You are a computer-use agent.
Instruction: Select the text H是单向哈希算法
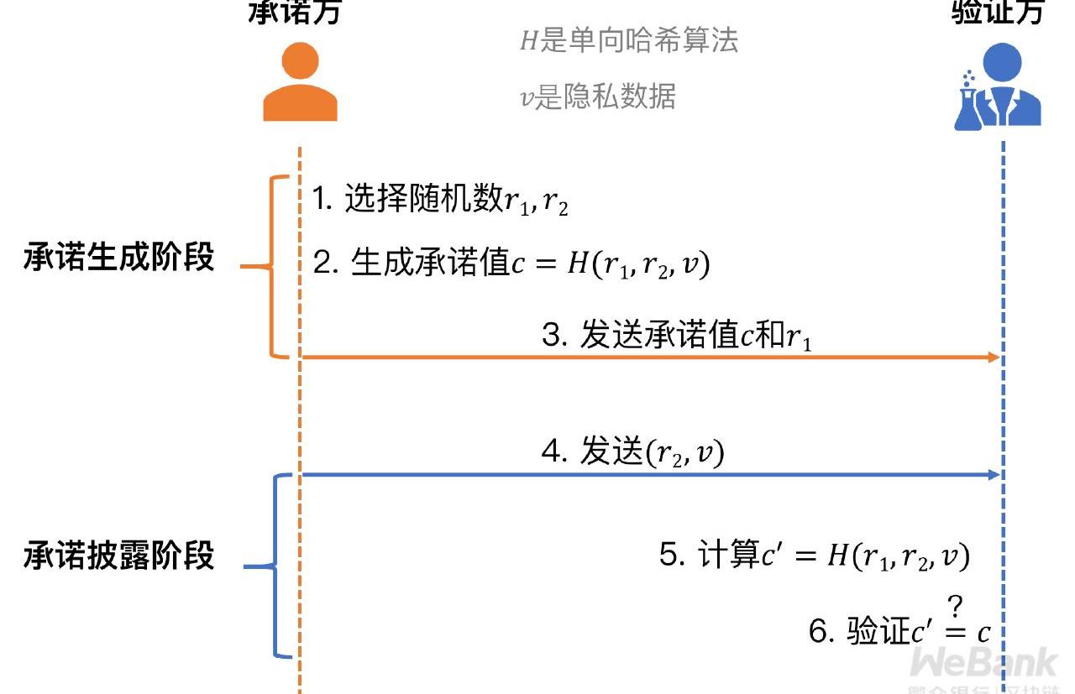click(629, 40)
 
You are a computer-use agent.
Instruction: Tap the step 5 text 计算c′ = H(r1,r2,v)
click(815, 556)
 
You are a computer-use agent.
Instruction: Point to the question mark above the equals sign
click(955, 606)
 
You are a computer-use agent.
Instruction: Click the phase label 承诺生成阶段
click(118, 258)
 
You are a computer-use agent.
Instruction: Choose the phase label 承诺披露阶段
click(118, 556)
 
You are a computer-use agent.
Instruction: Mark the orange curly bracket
click(273, 267)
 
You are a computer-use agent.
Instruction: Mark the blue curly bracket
click(275, 566)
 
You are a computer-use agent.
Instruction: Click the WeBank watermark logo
click(983, 664)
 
